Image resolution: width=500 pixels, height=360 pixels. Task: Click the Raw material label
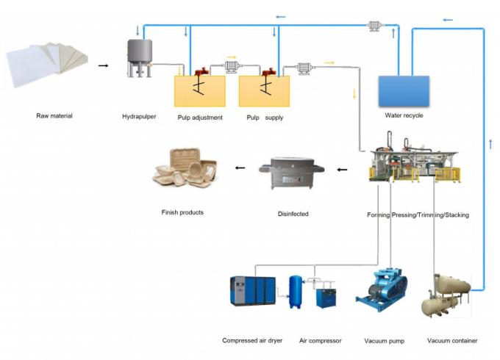[x=54, y=116]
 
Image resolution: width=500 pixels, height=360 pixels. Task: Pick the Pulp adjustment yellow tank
[x=199, y=91]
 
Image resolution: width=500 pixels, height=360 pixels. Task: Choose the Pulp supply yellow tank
[x=264, y=91]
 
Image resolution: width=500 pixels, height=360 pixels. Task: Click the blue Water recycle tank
[x=404, y=90]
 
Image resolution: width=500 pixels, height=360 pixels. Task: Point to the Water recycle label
[x=404, y=115]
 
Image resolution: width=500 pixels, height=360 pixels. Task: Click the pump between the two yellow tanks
[x=232, y=68]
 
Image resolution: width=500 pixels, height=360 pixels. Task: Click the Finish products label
[x=182, y=212]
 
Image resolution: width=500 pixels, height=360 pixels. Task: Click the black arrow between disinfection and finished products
[x=240, y=168]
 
